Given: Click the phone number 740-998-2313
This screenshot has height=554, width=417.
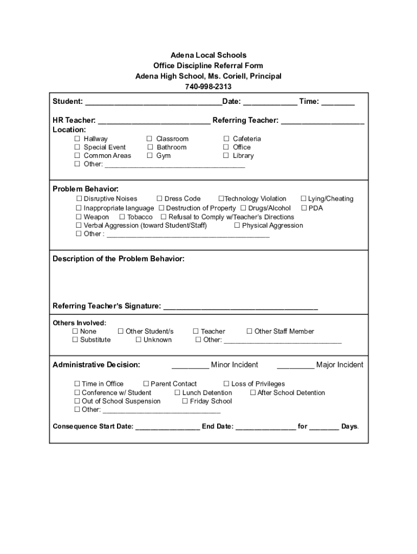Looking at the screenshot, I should coord(208,87).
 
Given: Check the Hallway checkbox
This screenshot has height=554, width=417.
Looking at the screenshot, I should coord(77,139).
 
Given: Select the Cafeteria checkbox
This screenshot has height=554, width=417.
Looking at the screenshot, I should coord(226,139).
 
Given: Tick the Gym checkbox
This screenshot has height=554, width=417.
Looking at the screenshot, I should coord(150,156).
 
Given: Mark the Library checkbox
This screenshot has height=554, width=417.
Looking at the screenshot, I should coord(226,156).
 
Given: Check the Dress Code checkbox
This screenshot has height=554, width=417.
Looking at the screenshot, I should coord(160,199).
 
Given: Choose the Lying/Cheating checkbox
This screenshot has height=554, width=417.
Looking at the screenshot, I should coord(304,199).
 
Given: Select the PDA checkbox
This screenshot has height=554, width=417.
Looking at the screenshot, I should coord(304,208).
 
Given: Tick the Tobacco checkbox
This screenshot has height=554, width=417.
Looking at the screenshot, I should coord(122,217).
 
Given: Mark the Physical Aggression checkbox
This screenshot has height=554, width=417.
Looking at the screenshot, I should coord(237,226).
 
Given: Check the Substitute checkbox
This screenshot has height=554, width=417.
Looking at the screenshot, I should coord(75,340).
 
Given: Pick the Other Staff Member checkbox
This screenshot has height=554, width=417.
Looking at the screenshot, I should coord(250,332).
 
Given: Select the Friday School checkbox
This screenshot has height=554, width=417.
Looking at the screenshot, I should coord(185,401).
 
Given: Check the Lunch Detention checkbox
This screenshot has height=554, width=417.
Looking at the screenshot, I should coord(178,393).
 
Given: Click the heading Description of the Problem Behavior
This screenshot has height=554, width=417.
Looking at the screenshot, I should coord(119,259).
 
